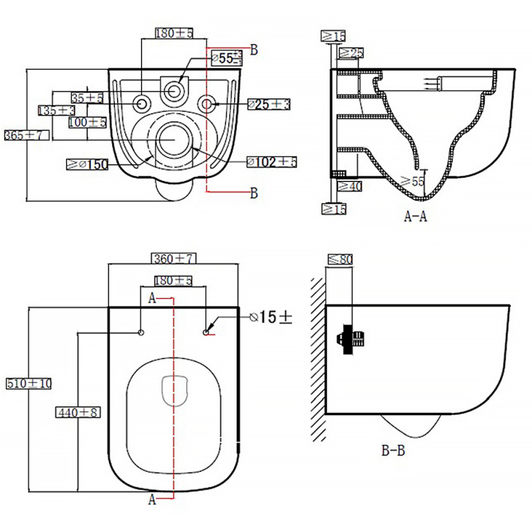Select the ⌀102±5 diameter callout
(x=271, y=162)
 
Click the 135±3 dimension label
(x=56, y=110)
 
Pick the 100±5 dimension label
(x=86, y=122)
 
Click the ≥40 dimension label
(x=350, y=186)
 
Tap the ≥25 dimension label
(x=352, y=53)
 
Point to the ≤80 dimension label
(x=340, y=260)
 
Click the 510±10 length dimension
(x=29, y=384)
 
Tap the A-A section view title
(x=416, y=215)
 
